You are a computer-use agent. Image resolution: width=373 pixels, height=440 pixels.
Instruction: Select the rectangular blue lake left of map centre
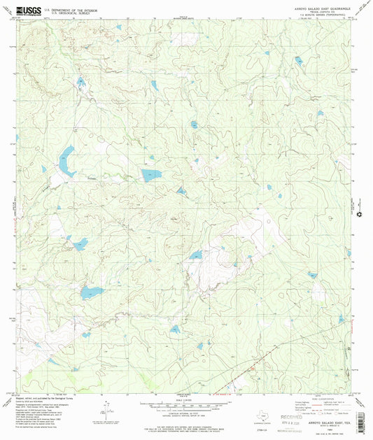tap(150, 175)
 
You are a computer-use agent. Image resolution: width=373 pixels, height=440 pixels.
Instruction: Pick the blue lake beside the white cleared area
tap(196, 255)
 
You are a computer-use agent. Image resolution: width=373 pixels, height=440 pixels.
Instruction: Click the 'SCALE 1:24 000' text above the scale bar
tap(187, 399)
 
